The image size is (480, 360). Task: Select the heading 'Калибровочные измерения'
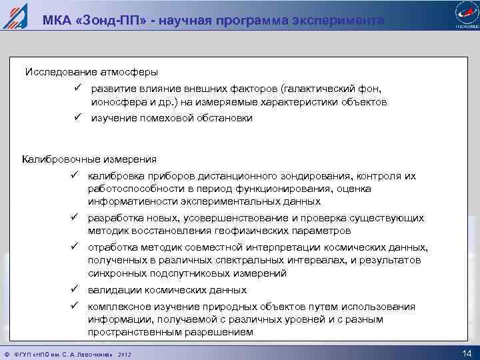89,159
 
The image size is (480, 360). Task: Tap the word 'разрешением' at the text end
217,331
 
